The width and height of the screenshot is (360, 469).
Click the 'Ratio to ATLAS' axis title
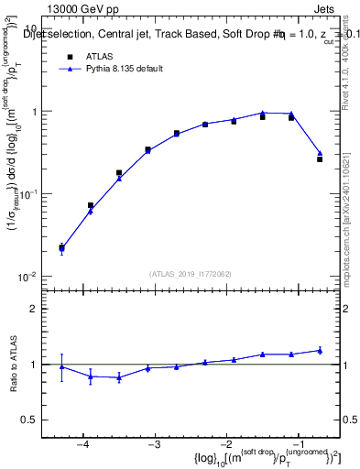[x=12, y=365]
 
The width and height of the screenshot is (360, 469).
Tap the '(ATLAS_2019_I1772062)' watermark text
[x=191, y=274]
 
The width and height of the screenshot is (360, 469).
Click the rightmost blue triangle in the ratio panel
[x=320, y=350]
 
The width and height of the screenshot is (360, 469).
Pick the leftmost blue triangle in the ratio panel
[x=61, y=366]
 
